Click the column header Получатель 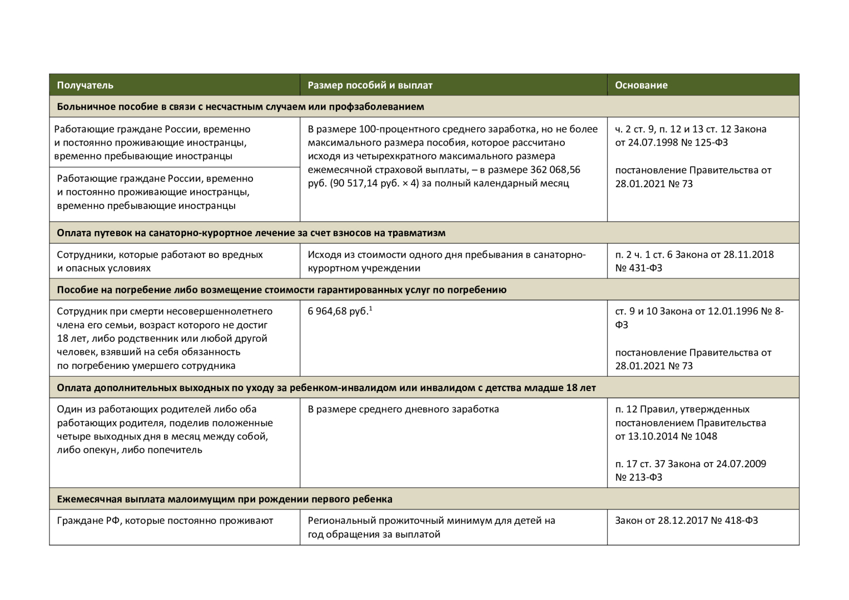pyautogui.click(x=85, y=85)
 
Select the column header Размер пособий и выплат pyautogui.click(x=370, y=85)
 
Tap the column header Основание pyautogui.click(x=641, y=85)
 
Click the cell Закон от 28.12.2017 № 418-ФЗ pyautogui.click(x=686, y=521)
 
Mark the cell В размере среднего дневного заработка pyautogui.click(x=403, y=409)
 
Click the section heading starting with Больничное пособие pyautogui.click(x=240, y=107)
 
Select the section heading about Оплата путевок pyautogui.click(x=251, y=233)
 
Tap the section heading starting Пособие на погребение pyautogui.click(x=281, y=289)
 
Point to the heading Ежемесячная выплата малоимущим pyautogui.click(x=224, y=499)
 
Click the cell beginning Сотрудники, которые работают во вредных pyautogui.click(x=160, y=261)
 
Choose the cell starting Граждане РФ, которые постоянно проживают pyautogui.click(x=165, y=521)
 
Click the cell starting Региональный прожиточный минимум pyautogui.click(x=431, y=527)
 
